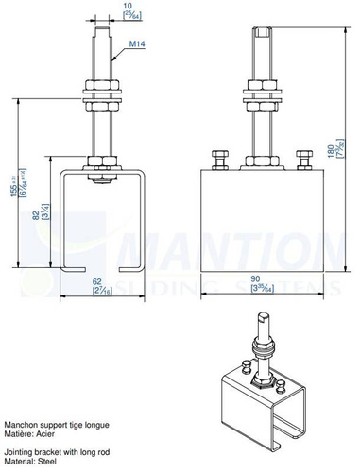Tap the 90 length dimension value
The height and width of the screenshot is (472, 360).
coord(258,278)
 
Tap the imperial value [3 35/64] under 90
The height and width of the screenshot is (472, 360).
coord(258,289)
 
